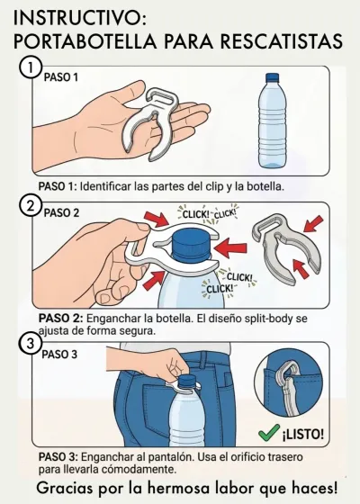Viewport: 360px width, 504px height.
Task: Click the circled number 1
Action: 31,68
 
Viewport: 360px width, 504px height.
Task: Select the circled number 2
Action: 31,206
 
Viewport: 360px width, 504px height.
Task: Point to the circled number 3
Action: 31,343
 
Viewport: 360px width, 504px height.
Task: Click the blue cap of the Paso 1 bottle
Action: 272,77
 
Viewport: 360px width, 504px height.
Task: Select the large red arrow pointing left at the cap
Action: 230,247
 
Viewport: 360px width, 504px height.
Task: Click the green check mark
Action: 269,432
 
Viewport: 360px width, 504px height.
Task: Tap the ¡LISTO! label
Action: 303,434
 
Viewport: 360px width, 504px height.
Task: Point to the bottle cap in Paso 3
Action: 184,382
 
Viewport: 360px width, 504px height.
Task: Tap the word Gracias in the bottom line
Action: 64,488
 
